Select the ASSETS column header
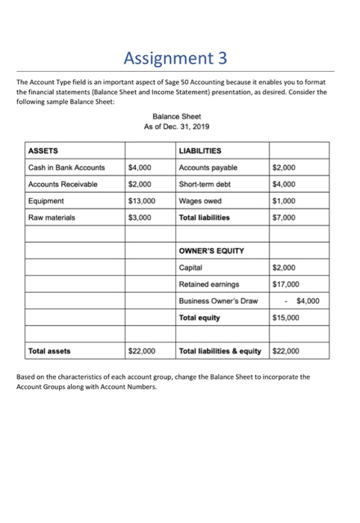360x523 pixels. tap(43, 150)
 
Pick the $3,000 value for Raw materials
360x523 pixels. tap(140, 217)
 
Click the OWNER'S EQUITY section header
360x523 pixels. tap(213, 250)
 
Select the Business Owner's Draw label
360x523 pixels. tap(217, 300)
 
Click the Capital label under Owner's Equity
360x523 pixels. tap(192, 267)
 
